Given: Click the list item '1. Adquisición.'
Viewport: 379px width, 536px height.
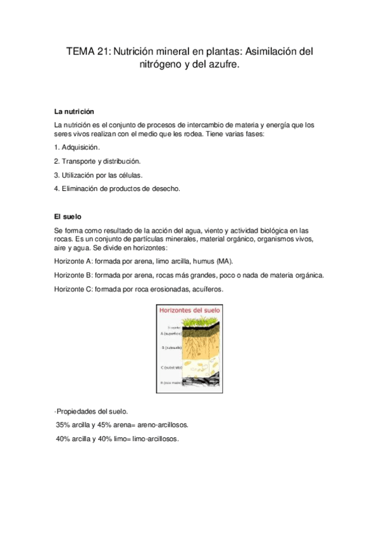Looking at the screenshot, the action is (x=78, y=147).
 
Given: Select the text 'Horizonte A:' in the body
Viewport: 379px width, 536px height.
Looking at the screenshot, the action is (x=73, y=261).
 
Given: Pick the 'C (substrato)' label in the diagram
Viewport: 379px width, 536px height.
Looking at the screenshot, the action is (x=171, y=367).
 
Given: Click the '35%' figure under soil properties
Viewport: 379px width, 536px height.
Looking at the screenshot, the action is (x=64, y=425).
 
